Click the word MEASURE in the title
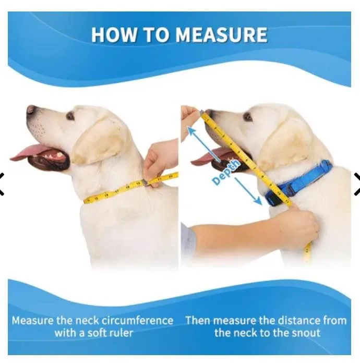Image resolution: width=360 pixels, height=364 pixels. coord(221,35)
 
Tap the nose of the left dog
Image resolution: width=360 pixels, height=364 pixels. coord(31,110)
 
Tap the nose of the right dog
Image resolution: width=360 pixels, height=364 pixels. coord(209,113)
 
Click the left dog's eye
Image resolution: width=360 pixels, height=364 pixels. coord(70,115)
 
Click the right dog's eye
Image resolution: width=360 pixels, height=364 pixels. coord(248,116)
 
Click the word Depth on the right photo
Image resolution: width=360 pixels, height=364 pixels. coord(226,173)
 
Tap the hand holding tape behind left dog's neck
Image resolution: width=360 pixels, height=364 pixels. coord(160,159)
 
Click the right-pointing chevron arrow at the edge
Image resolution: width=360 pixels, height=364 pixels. coord(356,184)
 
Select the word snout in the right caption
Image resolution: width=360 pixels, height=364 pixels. coord(304,333)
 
